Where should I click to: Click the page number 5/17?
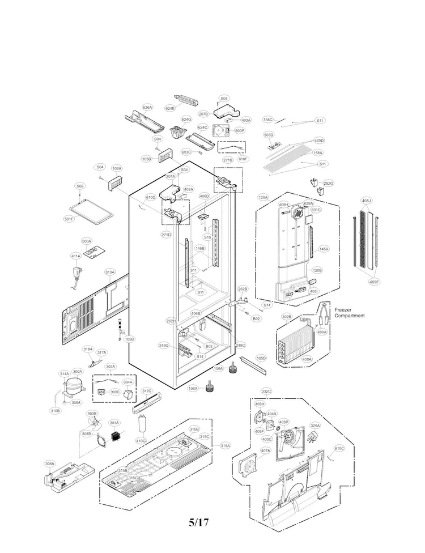coord(199,522)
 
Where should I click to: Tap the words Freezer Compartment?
coord(350,313)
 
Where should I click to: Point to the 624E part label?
coord(170,108)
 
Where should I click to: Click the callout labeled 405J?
coord(367,201)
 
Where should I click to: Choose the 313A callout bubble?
coord(110,272)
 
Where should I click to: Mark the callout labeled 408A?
coord(307,359)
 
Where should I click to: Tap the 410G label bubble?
coord(141,440)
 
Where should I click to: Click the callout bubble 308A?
coord(50,463)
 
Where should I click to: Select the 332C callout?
coord(266,392)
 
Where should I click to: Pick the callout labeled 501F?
coord(69,219)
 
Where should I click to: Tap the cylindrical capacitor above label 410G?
coord(142,424)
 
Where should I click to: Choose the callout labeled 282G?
coord(328,184)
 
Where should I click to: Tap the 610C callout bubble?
coord(339,448)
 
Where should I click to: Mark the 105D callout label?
coord(261,358)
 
